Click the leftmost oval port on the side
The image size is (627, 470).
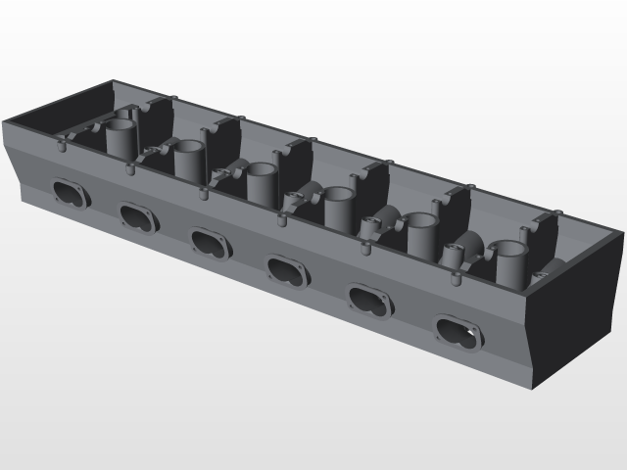pyautogui.click(x=70, y=192)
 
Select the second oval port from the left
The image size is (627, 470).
pyautogui.click(x=138, y=216)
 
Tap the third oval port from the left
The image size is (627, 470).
pyautogui.click(x=210, y=243)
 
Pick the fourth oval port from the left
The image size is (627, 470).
pyautogui.click(x=287, y=270)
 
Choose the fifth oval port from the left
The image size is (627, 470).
pyautogui.click(x=369, y=300)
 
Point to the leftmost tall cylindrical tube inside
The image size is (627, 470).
pyautogui.click(x=121, y=138)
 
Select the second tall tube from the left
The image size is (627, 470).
pyautogui.click(x=189, y=159)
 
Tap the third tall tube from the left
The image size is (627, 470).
pyautogui.click(x=263, y=181)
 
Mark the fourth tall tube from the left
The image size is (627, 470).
pyautogui.click(x=339, y=207)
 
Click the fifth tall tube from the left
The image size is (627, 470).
pyautogui.click(x=421, y=235)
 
